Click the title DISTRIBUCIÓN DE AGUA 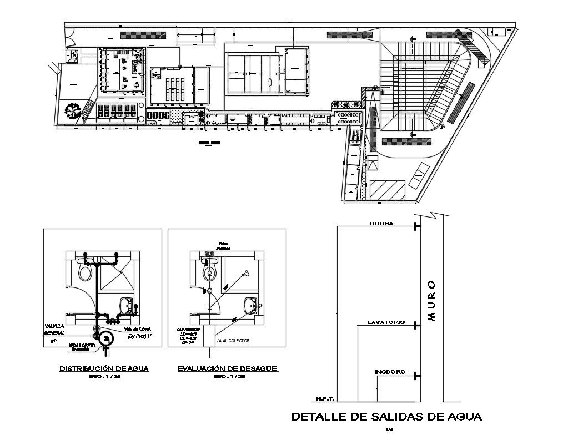(x=103, y=368)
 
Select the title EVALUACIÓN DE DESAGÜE (x=227, y=368)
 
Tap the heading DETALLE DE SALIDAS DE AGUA (x=387, y=416)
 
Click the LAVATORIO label (x=386, y=322)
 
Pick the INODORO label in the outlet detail (x=389, y=372)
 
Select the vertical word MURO (x=432, y=301)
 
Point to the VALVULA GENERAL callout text (x=55, y=330)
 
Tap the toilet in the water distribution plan (x=84, y=272)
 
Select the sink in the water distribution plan (x=127, y=304)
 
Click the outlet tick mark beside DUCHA (x=415, y=226)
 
